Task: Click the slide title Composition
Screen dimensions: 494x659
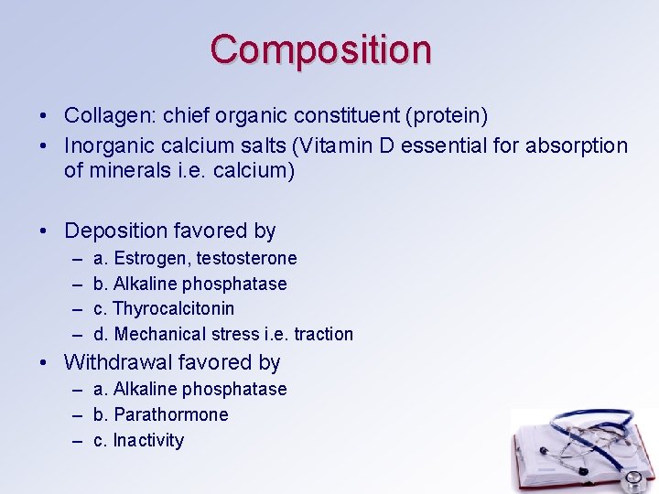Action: pos(320,49)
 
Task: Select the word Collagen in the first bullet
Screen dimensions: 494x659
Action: pos(100,116)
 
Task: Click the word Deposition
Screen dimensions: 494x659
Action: pos(115,231)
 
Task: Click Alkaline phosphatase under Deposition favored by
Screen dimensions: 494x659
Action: pos(200,284)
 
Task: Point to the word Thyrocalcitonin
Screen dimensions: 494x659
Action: pos(173,309)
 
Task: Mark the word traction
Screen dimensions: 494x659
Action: pos(323,335)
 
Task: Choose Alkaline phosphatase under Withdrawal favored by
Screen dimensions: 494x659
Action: pos(200,390)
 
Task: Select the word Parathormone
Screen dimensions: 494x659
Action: pos(171,415)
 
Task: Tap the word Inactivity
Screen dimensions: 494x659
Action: pos(148,441)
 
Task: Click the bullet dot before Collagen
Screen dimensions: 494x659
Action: pos(44,117)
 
